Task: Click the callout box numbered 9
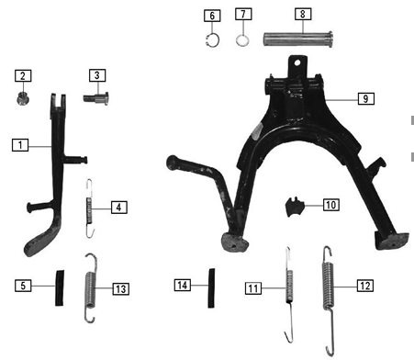tap(366, 98)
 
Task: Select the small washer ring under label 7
tap(242, 40)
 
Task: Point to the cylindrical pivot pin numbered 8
tap(298, 39)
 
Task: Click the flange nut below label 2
tap(21, 98)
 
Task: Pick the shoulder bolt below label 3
tap(95, 98)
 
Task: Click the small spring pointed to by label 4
tap(89, 208)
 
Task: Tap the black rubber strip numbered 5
tap(60, 287)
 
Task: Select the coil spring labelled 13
tap(91, 287)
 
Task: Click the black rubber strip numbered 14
tap(211, 288)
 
